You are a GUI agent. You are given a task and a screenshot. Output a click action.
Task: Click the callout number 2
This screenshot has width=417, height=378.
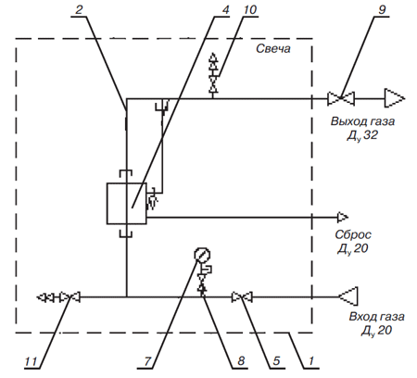[79, 9]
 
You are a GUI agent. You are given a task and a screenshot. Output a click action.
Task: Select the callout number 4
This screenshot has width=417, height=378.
[226, 9]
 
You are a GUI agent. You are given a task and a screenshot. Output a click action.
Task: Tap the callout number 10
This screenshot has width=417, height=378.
[249, 9]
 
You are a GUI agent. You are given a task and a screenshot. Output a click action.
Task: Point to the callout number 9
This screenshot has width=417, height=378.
[382, 9]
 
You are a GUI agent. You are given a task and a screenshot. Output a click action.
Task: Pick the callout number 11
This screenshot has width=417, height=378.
[31, 361]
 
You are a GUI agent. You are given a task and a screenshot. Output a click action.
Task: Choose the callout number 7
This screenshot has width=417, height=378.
[147, 361]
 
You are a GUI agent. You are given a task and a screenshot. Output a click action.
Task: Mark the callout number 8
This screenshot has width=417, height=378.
[241, 361]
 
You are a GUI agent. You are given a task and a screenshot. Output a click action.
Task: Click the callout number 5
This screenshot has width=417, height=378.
[276, 361]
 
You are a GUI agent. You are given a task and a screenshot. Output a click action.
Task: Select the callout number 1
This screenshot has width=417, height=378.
[311, 361]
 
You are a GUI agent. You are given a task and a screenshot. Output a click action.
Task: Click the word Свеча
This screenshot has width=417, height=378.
[273, 49]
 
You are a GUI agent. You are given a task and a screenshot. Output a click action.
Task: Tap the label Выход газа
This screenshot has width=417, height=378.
[362, 121]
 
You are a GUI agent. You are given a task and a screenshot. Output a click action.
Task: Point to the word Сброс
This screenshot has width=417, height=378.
[353, 234]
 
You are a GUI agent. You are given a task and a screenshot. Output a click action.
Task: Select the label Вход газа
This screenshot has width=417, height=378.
[376, 317]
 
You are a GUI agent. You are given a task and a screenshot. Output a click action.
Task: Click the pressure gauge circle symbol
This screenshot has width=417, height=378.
[202, 255]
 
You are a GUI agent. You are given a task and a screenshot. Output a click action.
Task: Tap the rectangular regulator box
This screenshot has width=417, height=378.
[127, 203]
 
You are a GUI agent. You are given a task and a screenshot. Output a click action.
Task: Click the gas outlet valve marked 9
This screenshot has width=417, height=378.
[341, 98]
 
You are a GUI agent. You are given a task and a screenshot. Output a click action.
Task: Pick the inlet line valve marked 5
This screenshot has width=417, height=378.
[242, 297]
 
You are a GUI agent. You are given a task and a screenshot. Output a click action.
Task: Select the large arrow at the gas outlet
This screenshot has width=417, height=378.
[395, 98]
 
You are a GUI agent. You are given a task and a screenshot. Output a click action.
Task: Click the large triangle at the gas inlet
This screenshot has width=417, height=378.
[348, 296]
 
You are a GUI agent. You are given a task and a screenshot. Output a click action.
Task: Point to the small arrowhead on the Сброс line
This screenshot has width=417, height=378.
[343, 218]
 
